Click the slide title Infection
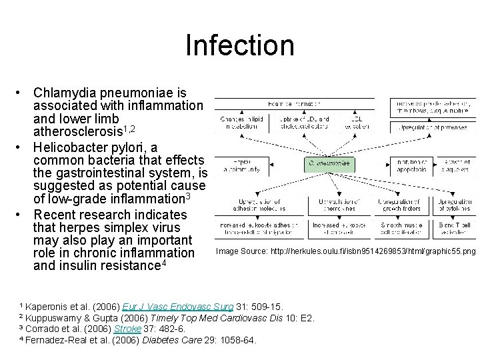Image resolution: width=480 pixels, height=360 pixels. coord(240,45)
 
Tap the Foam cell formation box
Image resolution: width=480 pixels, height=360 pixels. coord(294,105)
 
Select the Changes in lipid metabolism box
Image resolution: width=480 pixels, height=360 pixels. coord(235,123)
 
